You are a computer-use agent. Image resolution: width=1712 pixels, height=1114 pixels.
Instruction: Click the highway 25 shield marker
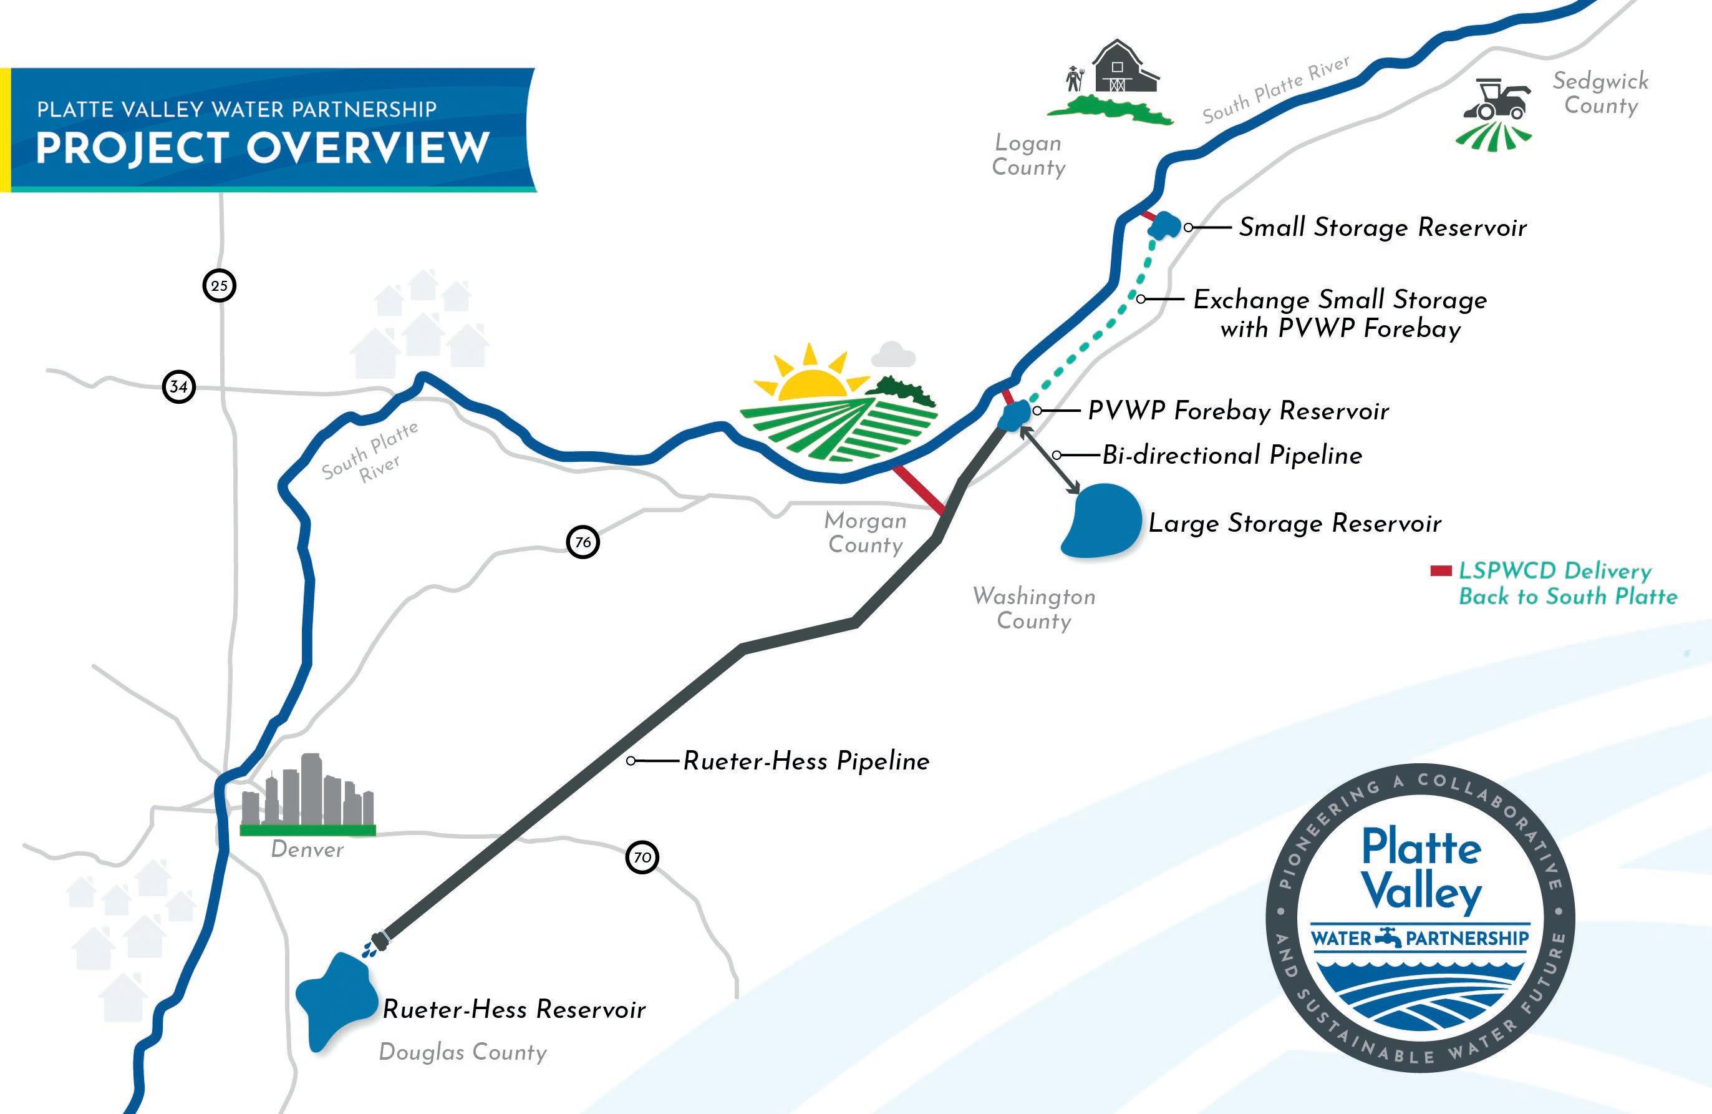point(220,286)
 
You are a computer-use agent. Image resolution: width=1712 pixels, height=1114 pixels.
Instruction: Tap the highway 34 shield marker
point(178,386)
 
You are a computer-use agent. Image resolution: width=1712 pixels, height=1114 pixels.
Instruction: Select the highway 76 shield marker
point(583,542)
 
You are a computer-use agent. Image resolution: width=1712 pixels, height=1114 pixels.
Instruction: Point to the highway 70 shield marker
point(642,857)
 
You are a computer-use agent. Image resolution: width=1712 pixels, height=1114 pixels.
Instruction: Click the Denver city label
point(307,850)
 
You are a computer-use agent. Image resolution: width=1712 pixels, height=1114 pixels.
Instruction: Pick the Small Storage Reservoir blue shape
point(1164,226)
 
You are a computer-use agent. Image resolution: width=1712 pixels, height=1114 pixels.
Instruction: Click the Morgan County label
point(865,532)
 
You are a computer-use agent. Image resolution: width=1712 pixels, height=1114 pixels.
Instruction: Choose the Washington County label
point(1033,608)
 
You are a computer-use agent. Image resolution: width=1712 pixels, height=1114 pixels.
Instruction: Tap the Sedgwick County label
point(1600,93)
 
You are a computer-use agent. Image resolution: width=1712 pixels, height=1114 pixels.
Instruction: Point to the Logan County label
point(1028,155)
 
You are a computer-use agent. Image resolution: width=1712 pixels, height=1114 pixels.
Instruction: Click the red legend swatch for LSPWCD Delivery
point(1441,572)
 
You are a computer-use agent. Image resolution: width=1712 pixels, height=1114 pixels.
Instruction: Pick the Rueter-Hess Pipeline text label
point(806,761)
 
